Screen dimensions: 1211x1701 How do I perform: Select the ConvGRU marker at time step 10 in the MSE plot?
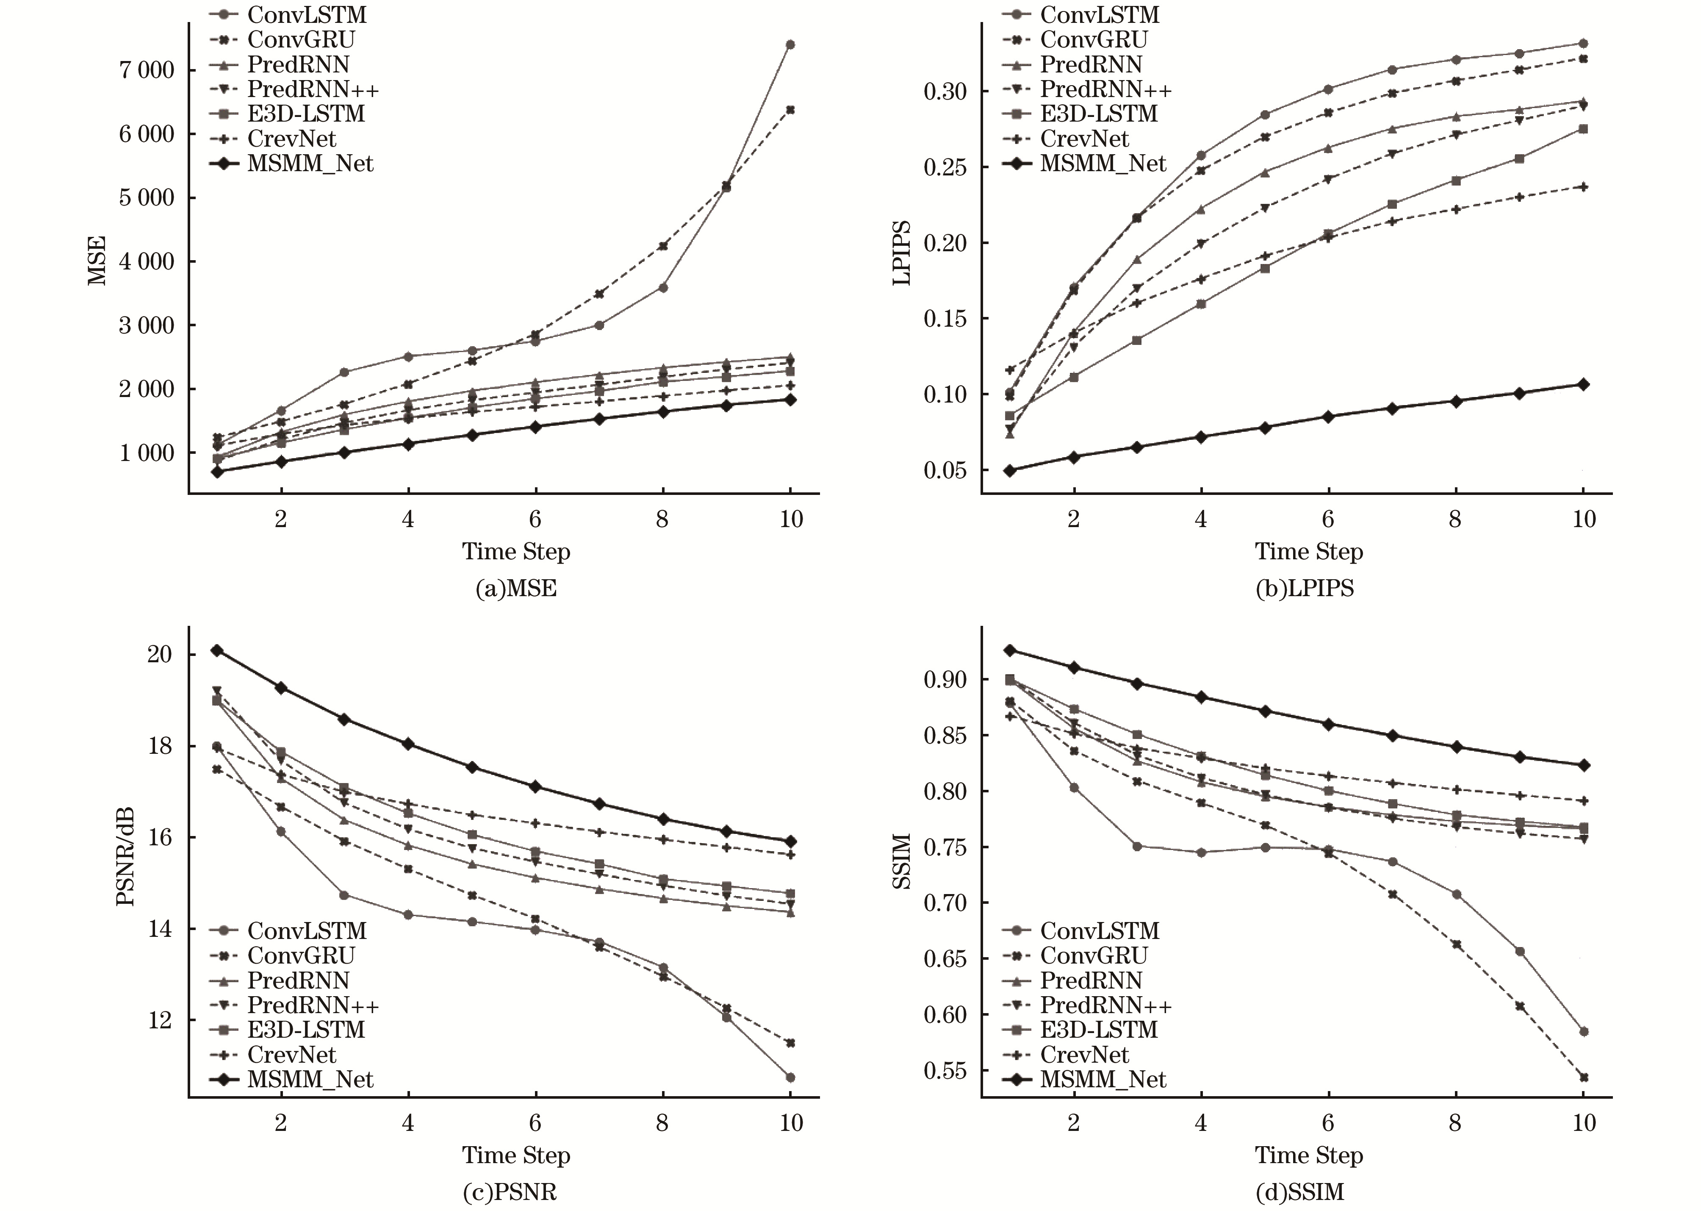click(790, 110)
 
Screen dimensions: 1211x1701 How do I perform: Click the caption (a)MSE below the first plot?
click(516, 589)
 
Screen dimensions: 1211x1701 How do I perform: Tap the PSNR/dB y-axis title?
click(125, 856)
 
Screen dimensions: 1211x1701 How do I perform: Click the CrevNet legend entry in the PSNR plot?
click(291, 1054)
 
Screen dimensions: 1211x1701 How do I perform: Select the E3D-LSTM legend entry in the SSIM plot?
click(1099, 1030)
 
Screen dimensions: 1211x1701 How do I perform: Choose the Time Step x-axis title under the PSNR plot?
click(516, 1155)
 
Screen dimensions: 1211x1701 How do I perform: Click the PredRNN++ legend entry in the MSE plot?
click(313, 89)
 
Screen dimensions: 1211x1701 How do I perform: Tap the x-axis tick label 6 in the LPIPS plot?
click(1327, 519)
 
